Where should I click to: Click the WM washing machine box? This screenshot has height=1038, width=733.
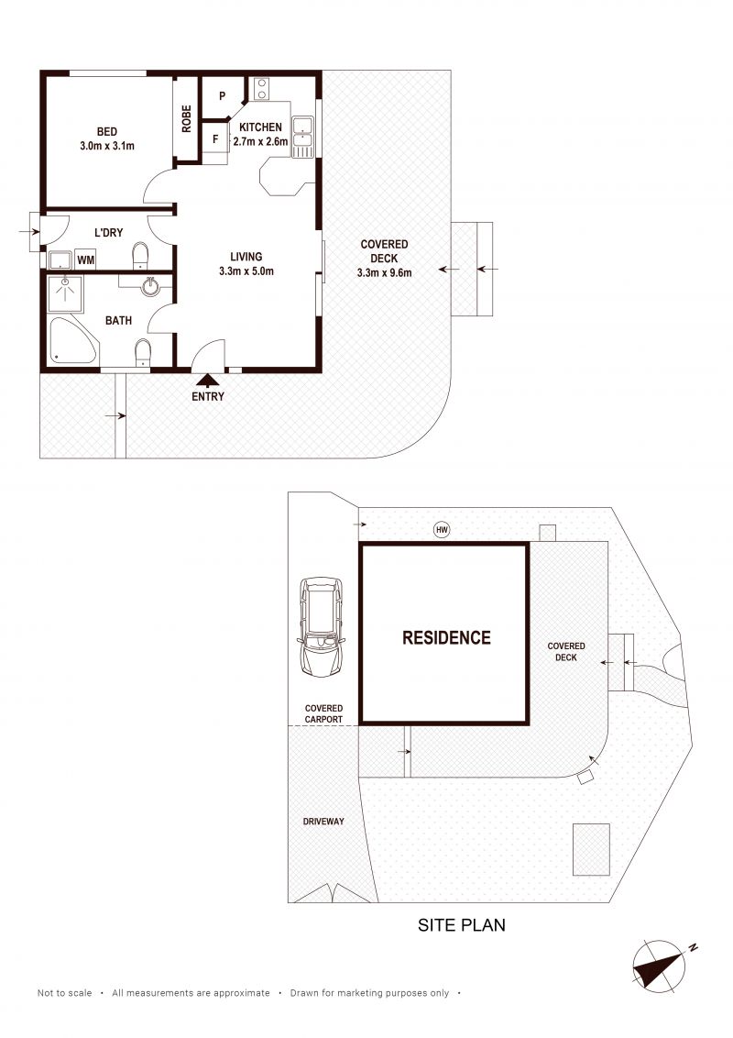pos(85,260)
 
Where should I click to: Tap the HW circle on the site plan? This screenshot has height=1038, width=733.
pos(442,530)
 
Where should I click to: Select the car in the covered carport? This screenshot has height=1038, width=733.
pos(322,627)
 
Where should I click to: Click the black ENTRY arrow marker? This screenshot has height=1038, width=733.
pos(208,381)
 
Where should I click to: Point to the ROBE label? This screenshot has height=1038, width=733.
pos(187,118)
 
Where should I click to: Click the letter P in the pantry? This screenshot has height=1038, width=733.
pos(223,96)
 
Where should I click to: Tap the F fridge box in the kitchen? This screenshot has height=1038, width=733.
pos(215,139)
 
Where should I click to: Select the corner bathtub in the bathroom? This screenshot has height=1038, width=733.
pos(72,340)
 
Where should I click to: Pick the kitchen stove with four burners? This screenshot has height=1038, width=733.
pos(261,89)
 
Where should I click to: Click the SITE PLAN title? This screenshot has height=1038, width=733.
pos(462,925)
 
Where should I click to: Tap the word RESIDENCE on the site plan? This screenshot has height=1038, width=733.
pos(446,637)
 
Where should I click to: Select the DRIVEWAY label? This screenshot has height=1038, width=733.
pos(323,822)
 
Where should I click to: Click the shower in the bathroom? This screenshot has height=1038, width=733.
pos(65,294)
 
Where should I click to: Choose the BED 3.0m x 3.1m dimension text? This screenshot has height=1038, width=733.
pos(107,138)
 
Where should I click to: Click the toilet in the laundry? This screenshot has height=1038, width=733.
pos(141,256)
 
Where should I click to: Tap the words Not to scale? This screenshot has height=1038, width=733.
pos(65,993)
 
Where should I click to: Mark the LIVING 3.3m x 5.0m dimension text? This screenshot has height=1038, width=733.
pos(246,263)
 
